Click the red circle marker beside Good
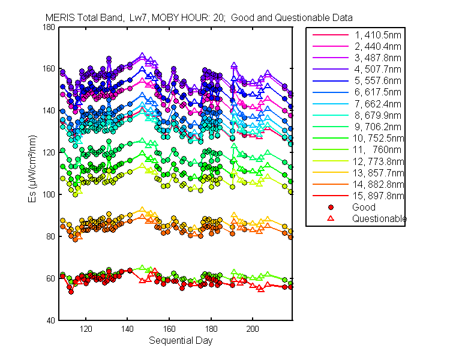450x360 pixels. [331, 207]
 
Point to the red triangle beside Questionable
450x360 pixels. [331, 218]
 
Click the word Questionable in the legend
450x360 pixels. [379, 219]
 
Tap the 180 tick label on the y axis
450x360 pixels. [49, 27]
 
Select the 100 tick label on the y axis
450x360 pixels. [49, 194]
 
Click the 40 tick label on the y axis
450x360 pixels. [50, 320]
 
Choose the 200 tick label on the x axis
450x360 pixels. [253, 329]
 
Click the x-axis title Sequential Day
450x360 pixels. [181, 341]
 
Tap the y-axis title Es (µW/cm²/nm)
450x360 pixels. [32, 169]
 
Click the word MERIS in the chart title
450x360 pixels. [59, 18]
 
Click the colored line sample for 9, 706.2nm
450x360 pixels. [331, 127]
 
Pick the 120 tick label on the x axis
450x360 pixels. [86, 329]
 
